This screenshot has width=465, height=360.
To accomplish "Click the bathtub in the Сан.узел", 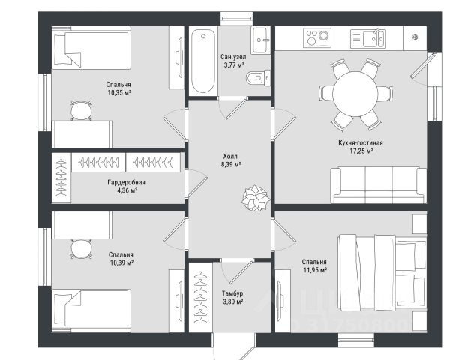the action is [202, 61].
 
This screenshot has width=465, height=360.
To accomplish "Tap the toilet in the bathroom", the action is [258, 78].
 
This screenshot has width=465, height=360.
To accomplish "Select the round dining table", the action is [355, 94].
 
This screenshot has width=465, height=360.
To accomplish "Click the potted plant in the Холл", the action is [256, 198].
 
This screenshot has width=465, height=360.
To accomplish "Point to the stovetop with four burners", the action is [317, 37].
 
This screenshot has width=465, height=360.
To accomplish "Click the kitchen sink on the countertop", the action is [367, 38].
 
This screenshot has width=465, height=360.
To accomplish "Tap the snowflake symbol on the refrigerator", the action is [415, 37].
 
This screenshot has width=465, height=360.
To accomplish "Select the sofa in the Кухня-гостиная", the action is [379, 185].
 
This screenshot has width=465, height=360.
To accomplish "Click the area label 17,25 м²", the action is [361, 151].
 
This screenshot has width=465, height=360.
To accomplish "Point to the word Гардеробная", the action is [126, 182].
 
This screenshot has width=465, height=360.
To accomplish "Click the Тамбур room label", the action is [232, 293].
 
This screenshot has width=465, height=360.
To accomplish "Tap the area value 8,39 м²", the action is [231, 164].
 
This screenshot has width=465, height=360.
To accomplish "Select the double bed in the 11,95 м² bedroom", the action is [382, 272].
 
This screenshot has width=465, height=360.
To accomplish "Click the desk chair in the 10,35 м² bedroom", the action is [81, 110].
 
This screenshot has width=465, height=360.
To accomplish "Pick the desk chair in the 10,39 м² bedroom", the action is [81, 249].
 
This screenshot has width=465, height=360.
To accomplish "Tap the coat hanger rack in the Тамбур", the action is [201, 298].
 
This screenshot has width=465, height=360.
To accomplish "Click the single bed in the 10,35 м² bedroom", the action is [91, 48].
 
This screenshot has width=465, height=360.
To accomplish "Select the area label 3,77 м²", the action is [234, 65].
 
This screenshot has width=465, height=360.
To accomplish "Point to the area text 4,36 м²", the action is [127, 190].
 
